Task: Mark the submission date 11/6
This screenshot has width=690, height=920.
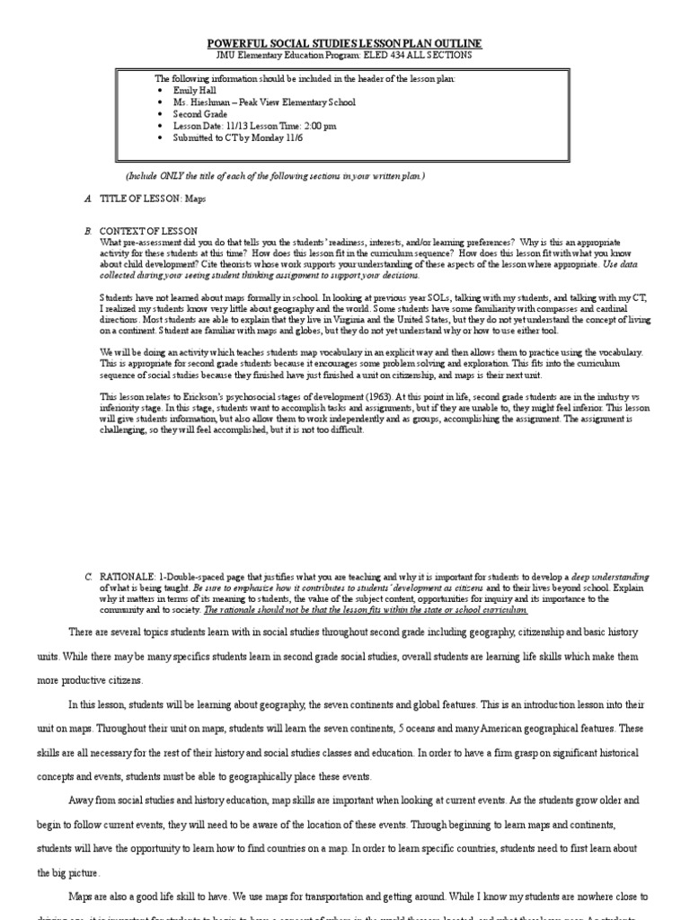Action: click(x=296, y=138)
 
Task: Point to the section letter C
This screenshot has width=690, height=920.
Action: click(x=88, y=575)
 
